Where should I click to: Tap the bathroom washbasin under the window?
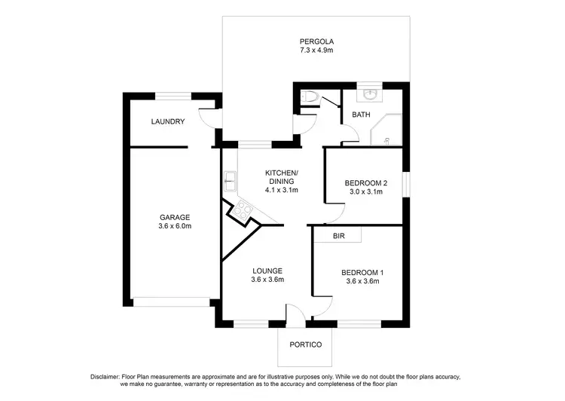pos(369,95)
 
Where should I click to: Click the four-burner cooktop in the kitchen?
pos(243,211)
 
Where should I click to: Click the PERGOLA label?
pos(316,41)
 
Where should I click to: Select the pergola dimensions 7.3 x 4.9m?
pos(316,51)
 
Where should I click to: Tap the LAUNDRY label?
pos(167,121)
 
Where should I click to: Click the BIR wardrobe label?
pos(339,236)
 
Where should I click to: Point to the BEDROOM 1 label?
pos(362,272)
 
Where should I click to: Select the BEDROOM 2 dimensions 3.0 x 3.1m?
pos(365,192)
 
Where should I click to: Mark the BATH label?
pos(360,115)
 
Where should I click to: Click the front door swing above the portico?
pos(295,315)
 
